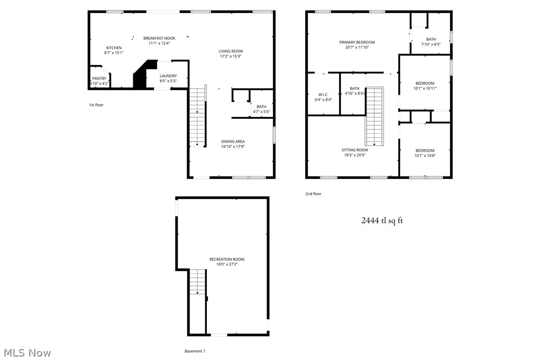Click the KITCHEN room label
[113, 48]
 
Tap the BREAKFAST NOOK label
[159, 38]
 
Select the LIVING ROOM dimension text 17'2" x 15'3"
[231, 56]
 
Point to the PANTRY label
[99, 78]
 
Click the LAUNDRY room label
[168, 76]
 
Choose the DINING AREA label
[233, 141]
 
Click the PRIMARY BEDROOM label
[357, 42]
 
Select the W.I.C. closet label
[323, 94]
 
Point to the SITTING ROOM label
[355, 150]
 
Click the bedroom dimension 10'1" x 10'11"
[425, 88]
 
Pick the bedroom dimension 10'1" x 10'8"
[425, 156]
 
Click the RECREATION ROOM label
[227, 259]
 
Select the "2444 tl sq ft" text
[382, 220]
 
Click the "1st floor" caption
[96, 105]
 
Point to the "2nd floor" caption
[313, 193]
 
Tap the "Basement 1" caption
[194, 351]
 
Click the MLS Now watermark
[26, 353]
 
